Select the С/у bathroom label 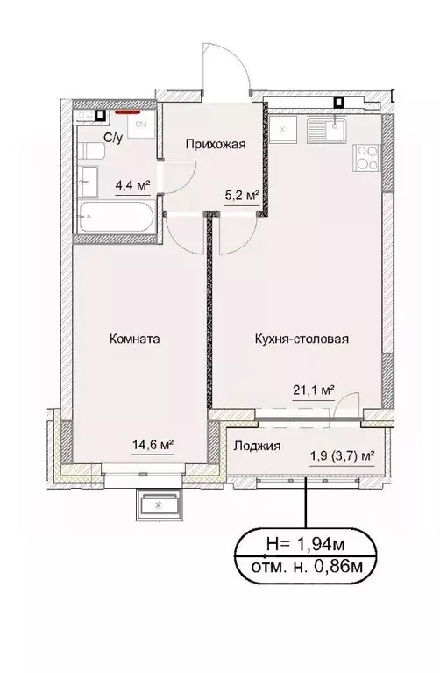114,138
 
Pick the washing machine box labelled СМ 139,125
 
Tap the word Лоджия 257,446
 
